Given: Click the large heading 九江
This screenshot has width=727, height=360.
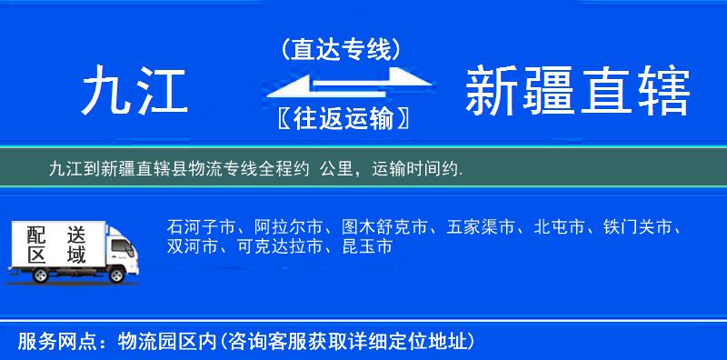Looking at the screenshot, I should click(x=134, y=92).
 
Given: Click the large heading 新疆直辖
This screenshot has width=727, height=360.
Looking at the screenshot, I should click(x=577, y=92).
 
